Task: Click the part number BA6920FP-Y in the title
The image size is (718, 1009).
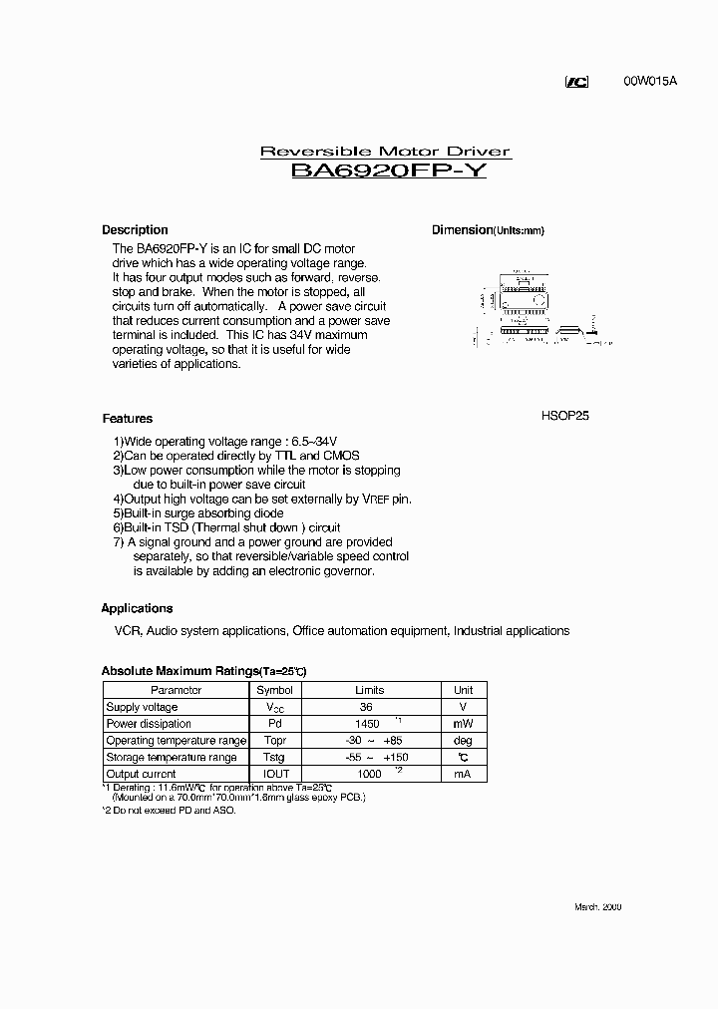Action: [x=388, y=170]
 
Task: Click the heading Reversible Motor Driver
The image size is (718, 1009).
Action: [x=385, y=152]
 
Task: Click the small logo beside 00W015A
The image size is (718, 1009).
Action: [x=577, y=82]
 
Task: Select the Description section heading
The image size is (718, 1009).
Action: [x=135, y=229]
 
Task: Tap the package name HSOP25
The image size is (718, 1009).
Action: [x=564, y=416]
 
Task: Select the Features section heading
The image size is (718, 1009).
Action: [x=127, y=419]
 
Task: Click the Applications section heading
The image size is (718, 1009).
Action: [x=137, y=608]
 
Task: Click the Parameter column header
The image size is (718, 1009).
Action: [x=176, y=690]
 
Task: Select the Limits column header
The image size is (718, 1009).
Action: [x=369, y=690]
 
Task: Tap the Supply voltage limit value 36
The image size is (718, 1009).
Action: [x=366, y=707]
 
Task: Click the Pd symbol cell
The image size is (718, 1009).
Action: [x=274, y=724]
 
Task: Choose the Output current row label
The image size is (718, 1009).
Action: [x=141, y=774]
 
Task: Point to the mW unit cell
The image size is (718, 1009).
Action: [x=463, y=724]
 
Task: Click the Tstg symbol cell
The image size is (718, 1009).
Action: [x=274, y=757]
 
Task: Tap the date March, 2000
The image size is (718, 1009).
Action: [x=597, y=906]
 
